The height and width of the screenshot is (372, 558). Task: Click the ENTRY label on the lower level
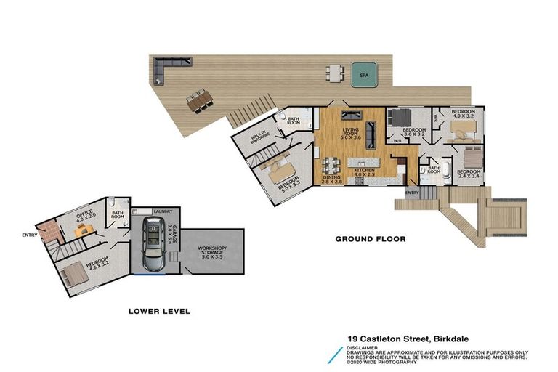click(30, 234)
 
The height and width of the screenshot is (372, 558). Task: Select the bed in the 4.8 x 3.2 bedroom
click(76, 275)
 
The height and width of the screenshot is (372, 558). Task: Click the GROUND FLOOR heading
click(370, 238)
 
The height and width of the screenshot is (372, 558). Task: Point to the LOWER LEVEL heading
click(158, 311)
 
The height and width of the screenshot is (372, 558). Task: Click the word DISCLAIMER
click(362, 347)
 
